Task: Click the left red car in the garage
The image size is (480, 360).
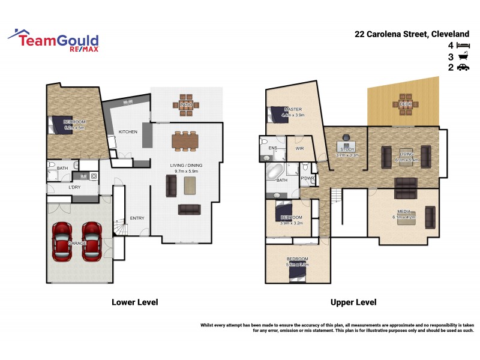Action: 62,242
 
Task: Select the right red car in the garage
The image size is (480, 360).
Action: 92,242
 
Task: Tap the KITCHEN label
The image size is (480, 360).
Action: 128,132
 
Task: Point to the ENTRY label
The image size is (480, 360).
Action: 137,218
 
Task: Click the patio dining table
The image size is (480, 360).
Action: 186,106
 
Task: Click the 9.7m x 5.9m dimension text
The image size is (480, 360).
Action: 185,170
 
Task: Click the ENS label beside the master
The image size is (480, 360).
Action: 273,148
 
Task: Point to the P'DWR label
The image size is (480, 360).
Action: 308,178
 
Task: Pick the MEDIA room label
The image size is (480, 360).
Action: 403,212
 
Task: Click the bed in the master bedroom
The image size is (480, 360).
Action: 272,114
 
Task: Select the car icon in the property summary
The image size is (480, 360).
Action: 463,68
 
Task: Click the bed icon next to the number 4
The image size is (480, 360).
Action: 463,46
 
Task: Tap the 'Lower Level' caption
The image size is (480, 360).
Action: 134,302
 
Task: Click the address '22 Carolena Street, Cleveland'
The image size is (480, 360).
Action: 412,34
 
